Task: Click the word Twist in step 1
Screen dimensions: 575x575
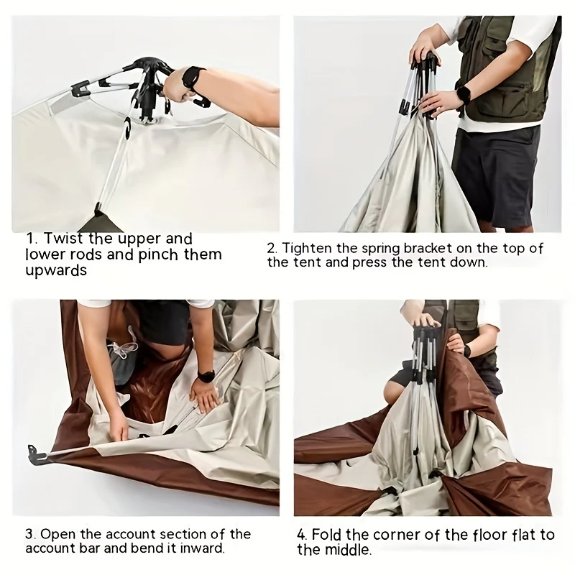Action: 63,239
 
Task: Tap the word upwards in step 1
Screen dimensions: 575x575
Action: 56,271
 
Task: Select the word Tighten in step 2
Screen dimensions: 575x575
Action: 307,248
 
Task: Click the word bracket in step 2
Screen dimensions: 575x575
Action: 428,248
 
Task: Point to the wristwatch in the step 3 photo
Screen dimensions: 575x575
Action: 206,377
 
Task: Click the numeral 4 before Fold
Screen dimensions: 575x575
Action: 302,535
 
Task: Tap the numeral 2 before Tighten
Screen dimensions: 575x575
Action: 272,249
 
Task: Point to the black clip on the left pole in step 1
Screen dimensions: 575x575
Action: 80,88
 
